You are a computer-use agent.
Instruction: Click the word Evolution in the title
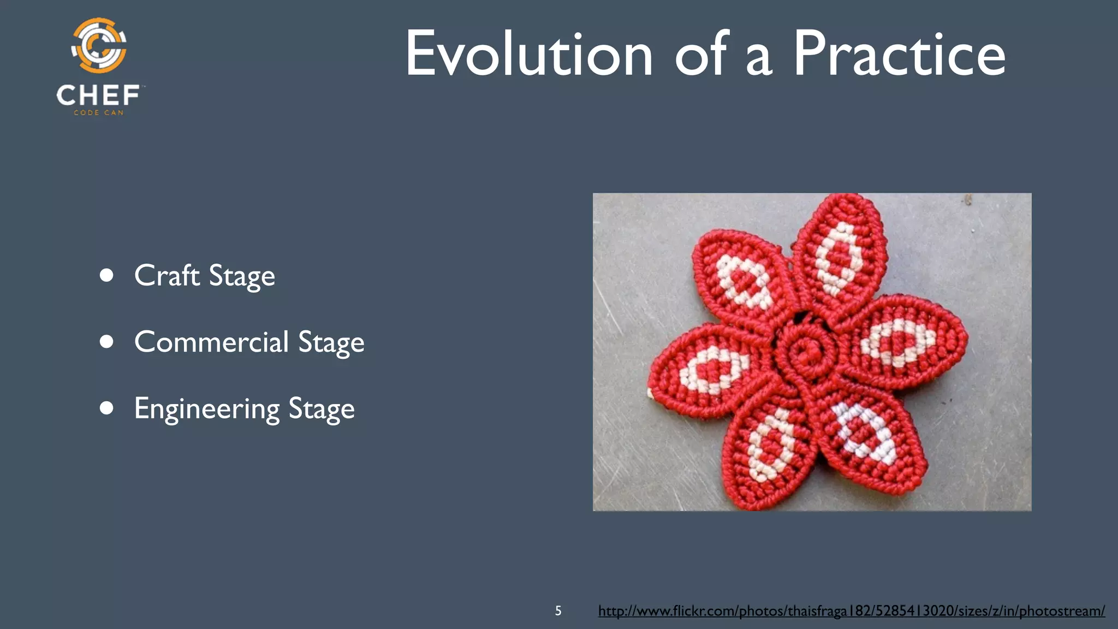click(x=528, y=55)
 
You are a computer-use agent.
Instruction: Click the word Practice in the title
click(x=899, y=55)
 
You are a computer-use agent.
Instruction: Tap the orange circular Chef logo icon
click(x=99, y=46)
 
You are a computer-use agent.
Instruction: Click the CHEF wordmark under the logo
click(x=98, y=96)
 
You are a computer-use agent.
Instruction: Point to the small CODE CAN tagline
click(x=99, y=112)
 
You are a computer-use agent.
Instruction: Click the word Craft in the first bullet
click(x=166, y=275)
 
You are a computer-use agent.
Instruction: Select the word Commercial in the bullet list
click(x=211, y=342)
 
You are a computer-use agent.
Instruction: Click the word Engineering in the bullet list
click(x=207, y=408)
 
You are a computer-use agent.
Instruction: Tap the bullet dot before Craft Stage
click(x=107, y=275)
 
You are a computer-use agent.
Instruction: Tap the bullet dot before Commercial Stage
click(x=107, y=342)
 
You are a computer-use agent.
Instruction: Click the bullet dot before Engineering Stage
click(x=107, y=408)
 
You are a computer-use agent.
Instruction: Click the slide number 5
click(x=558, y=610)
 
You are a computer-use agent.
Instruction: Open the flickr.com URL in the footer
click(x=852, y=610)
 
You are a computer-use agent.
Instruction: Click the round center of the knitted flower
click(x=806, y=353)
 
